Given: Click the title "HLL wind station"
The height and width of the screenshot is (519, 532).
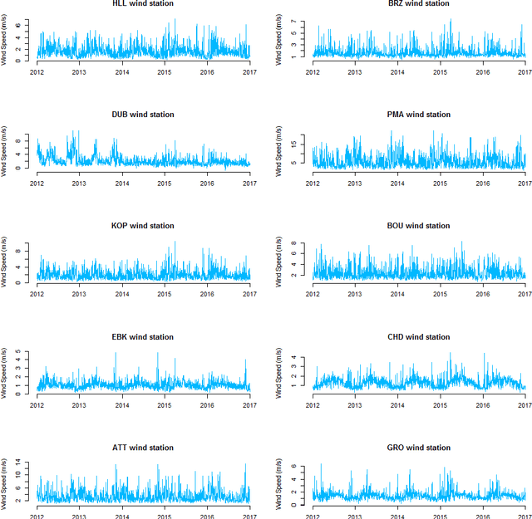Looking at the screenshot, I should coord(143,4).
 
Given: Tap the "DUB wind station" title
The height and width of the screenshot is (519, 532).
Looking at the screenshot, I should coord(143,115).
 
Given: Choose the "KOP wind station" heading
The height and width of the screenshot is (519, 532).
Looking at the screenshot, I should coord(143,226).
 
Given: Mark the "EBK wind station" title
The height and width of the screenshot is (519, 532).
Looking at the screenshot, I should coord(143,337).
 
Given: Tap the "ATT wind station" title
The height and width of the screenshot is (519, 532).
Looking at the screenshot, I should coord(143,448).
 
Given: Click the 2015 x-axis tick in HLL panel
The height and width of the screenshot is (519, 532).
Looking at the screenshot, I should coord(165,72).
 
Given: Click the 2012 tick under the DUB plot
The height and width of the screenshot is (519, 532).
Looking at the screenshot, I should coord(37,184).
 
